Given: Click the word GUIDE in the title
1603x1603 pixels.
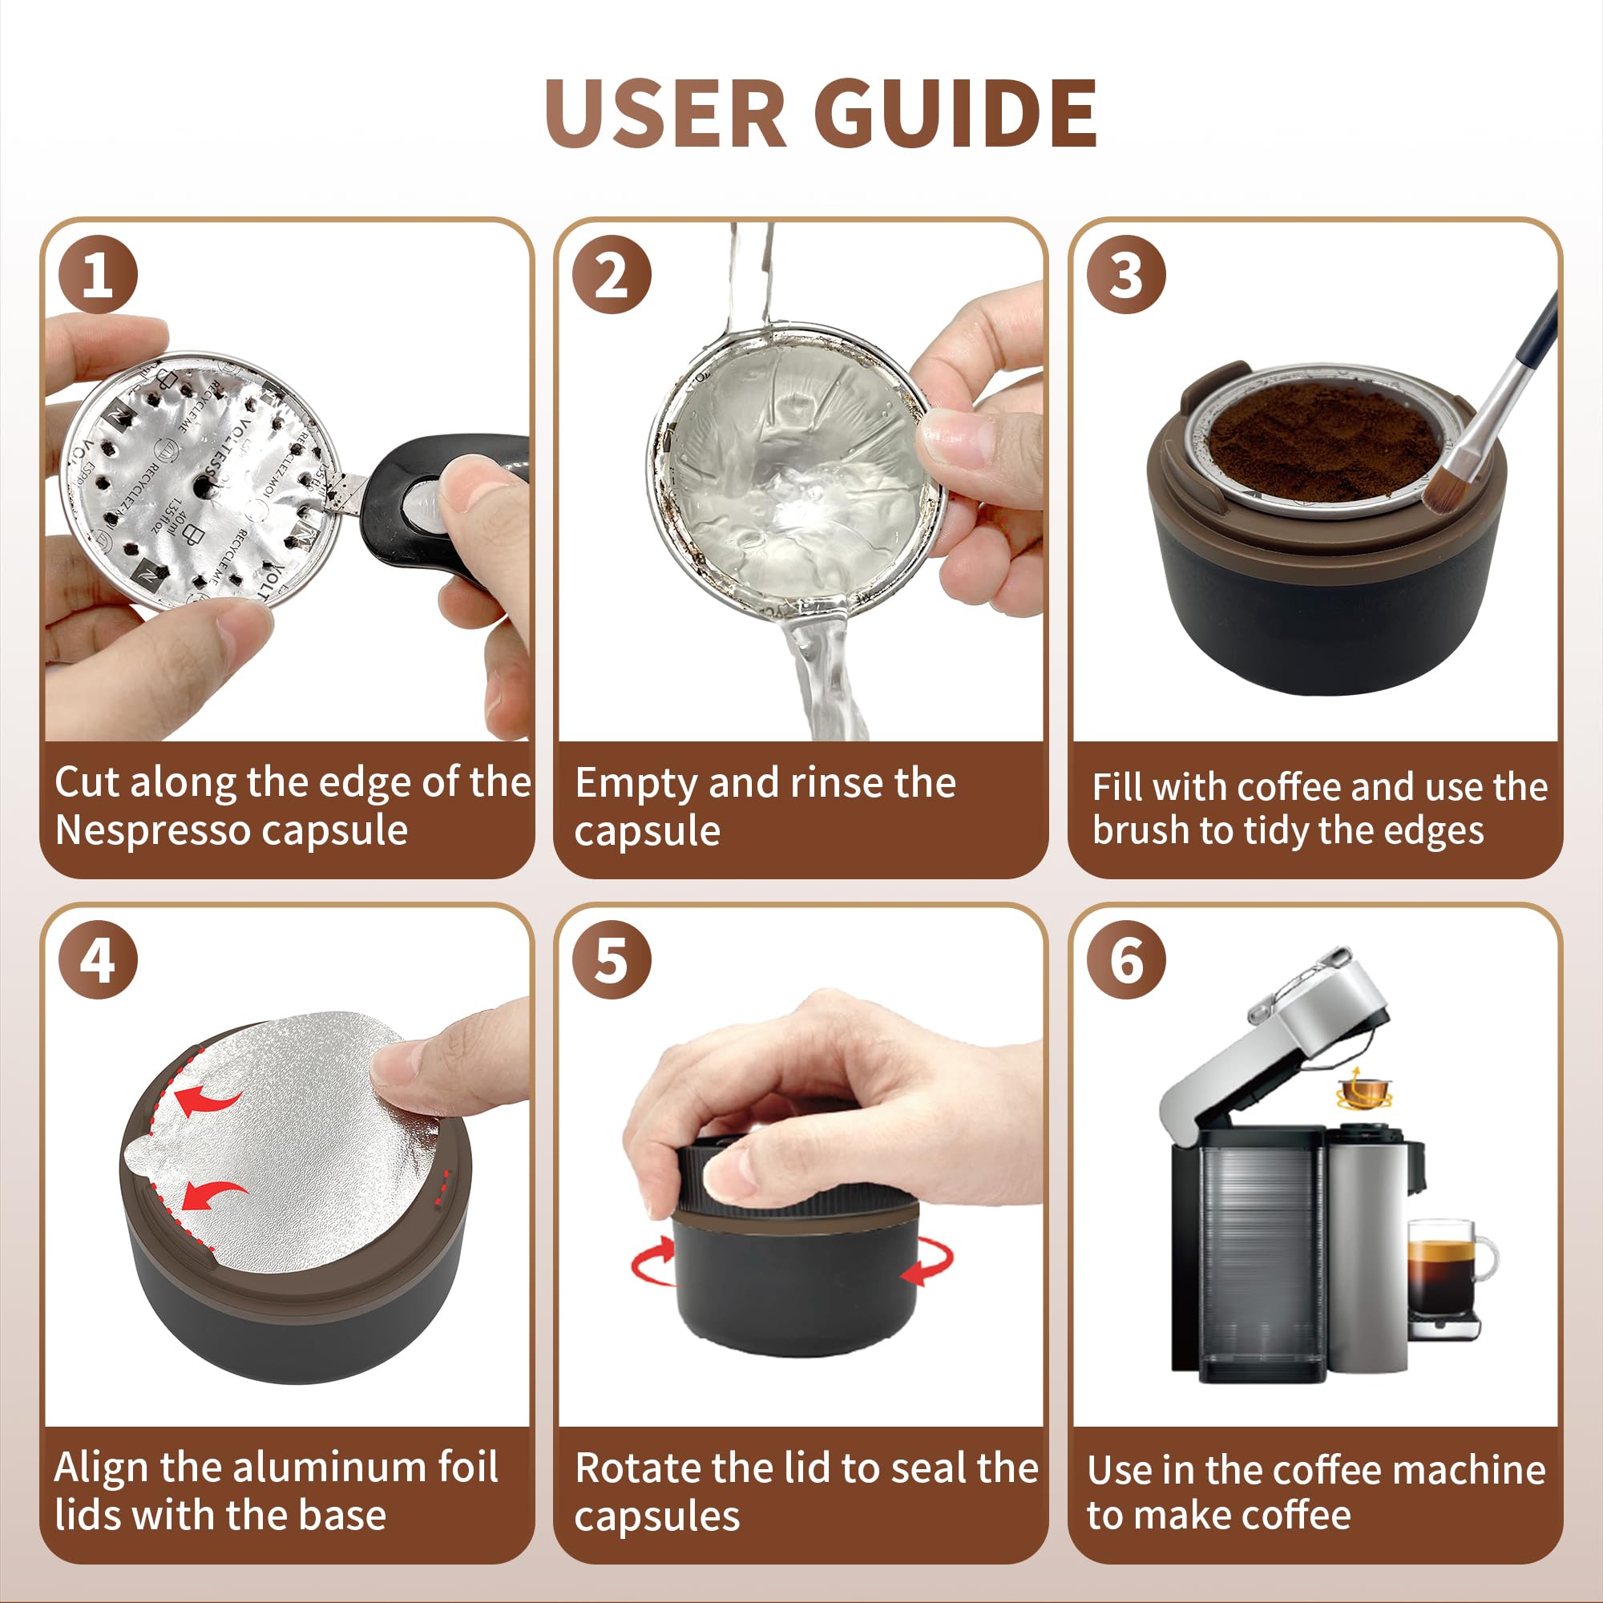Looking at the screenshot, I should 955,115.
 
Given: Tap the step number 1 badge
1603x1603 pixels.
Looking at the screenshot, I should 98,275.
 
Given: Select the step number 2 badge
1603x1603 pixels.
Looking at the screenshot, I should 612,275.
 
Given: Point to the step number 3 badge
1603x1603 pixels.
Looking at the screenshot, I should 1126,275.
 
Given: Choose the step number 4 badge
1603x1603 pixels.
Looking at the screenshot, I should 98,960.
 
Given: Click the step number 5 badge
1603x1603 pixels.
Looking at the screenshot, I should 612,960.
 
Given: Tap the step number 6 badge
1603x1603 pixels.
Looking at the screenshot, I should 1126,960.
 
